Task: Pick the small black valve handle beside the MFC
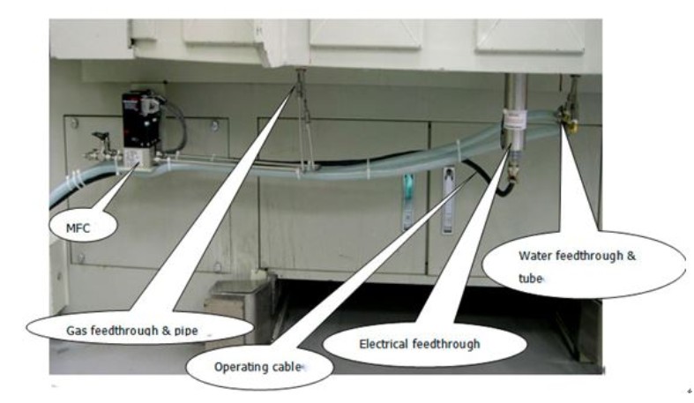click(100, 139)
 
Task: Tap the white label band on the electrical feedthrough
click(511, 116)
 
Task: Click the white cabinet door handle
click(447, 198)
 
